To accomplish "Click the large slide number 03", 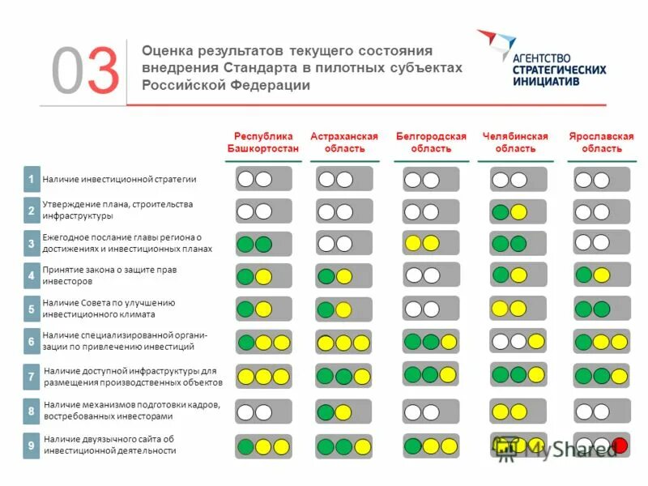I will tap(86, 70).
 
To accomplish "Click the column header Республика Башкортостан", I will tap(263, 143).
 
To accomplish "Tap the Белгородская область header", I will tap(431, 143).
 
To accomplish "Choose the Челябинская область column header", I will tap(515, 143).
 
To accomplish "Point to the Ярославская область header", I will tap(601, 143).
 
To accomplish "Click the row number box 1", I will tap(31, 179).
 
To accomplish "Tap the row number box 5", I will tap(31, 309).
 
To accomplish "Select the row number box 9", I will tap(31, 445).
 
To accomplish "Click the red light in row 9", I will tap(620, 445).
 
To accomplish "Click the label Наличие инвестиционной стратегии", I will tap(120, 179).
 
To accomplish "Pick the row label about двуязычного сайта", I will tap(109, 445).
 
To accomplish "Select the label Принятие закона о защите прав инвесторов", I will tap(109, 275).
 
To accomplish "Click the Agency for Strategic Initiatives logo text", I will tap(559, 70).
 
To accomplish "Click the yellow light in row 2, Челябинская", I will tap(519, 212).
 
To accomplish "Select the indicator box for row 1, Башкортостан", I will tap(263, 179).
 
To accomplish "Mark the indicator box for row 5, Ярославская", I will tap(601, 309).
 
